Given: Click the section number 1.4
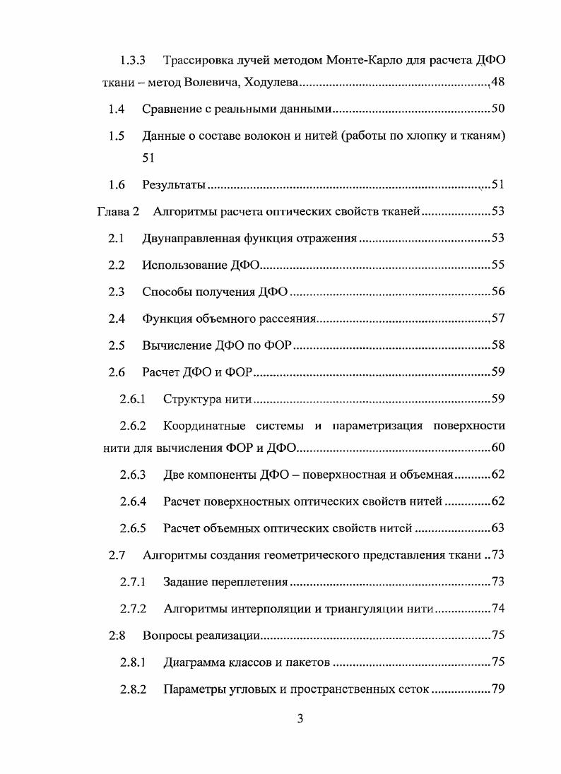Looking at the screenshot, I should [x=117, y=109].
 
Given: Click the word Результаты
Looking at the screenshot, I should [x=174, y=185].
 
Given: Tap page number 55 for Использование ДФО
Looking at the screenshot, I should [x=497, y=266].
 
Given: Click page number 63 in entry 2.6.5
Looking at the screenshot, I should [x=497, y=528].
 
